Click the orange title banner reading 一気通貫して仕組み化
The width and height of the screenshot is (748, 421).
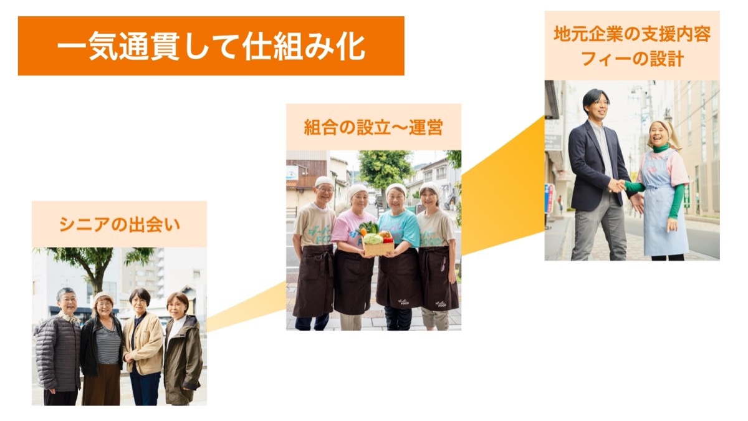pyautogui.click(x=211, y=46)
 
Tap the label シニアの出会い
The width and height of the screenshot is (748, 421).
pyautogui.click(x=120, y=225)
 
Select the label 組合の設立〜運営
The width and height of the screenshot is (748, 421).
pyautogui.click(x=373, y=127)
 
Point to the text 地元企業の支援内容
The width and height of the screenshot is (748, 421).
pyautogui.click(x=632, y=34)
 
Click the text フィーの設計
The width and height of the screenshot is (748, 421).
pyautogui.click(x=632, y=59)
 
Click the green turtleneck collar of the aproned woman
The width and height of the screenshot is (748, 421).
pyautogui.click(x=661, y=148)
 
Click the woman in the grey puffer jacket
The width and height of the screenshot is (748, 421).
pyautogui.click(x=59, y=347)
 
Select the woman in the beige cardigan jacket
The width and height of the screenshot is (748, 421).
pyautogui.click(x=143, y=347)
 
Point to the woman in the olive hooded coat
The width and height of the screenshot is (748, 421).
pyautogui.click(x=182, y=349)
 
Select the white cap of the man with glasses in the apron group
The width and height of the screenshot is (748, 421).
pyautogui.click(x=324, y=181)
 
